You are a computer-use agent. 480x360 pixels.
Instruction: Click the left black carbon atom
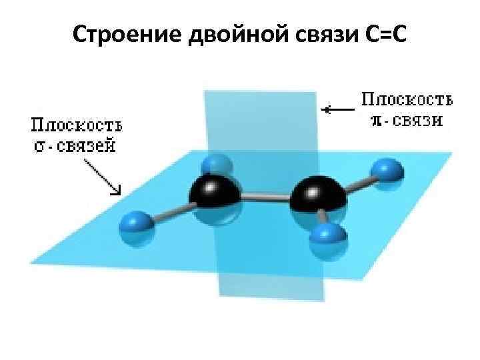215,194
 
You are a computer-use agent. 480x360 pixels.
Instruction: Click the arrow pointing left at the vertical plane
338,109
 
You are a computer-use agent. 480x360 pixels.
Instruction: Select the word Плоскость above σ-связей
77,126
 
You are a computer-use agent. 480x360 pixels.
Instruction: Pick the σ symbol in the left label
39,145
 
